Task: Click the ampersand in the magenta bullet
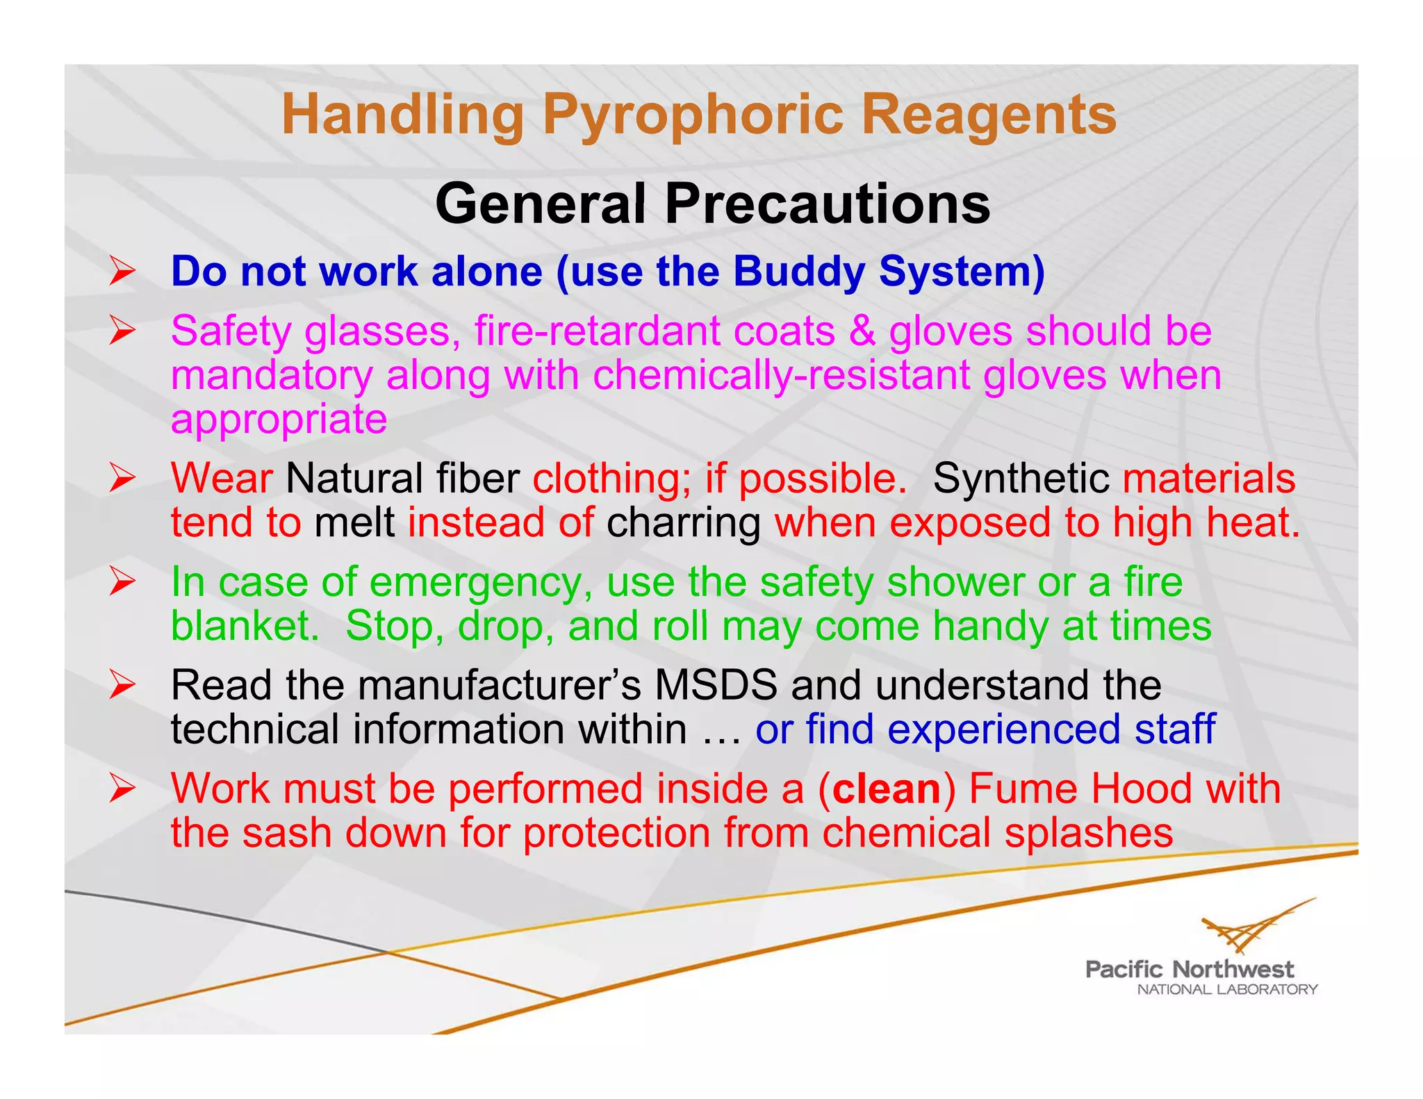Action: pos(862,331)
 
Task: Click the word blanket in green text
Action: pos(244,626)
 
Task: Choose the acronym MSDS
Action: pos(716,685)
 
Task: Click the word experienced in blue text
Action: pos(1003,729)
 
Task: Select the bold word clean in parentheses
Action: pos(887,789)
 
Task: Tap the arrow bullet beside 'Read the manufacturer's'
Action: pos(122,686)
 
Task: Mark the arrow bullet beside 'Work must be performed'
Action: pos(122,789)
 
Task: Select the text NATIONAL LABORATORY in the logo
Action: pos(1227,989)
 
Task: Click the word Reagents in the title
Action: pos(989,115)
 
